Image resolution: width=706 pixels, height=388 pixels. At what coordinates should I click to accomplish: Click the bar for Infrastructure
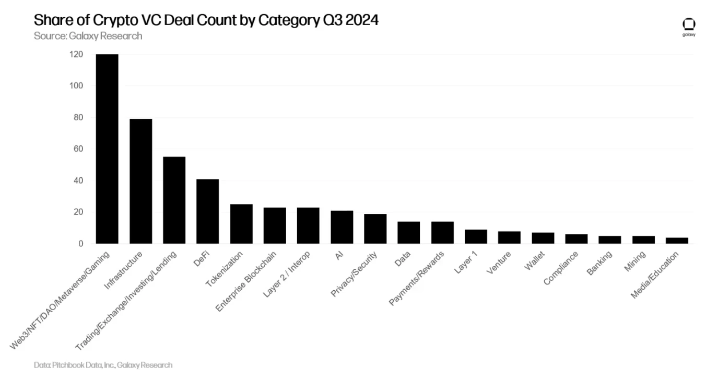tap(140, 181)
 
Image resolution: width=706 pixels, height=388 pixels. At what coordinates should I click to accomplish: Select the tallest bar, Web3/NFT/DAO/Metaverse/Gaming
tap(107, 149)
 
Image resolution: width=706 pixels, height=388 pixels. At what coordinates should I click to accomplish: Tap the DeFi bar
tap(207, 211)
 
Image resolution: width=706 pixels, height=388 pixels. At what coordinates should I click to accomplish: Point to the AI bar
tap(342, 227)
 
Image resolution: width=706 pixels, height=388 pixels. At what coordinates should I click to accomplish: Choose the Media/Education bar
tap(677, 241)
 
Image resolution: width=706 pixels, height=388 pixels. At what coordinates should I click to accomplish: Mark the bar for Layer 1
tap(476, 236)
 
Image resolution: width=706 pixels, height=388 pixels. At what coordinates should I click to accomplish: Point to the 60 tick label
tap(77, 149)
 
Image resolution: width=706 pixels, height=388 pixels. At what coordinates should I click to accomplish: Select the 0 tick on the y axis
tap(80, 244)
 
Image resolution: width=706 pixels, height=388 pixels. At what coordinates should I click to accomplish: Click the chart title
tap(206, 21)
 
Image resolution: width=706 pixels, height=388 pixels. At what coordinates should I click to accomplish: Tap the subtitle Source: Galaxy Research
tap(88, 36)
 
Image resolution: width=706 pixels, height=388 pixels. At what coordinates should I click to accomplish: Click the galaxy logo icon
tap(689, 25)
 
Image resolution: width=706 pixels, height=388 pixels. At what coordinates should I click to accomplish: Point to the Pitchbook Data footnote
tap(103, 365)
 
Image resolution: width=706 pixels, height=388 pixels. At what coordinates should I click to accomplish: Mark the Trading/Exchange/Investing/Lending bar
tap(174, 200)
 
